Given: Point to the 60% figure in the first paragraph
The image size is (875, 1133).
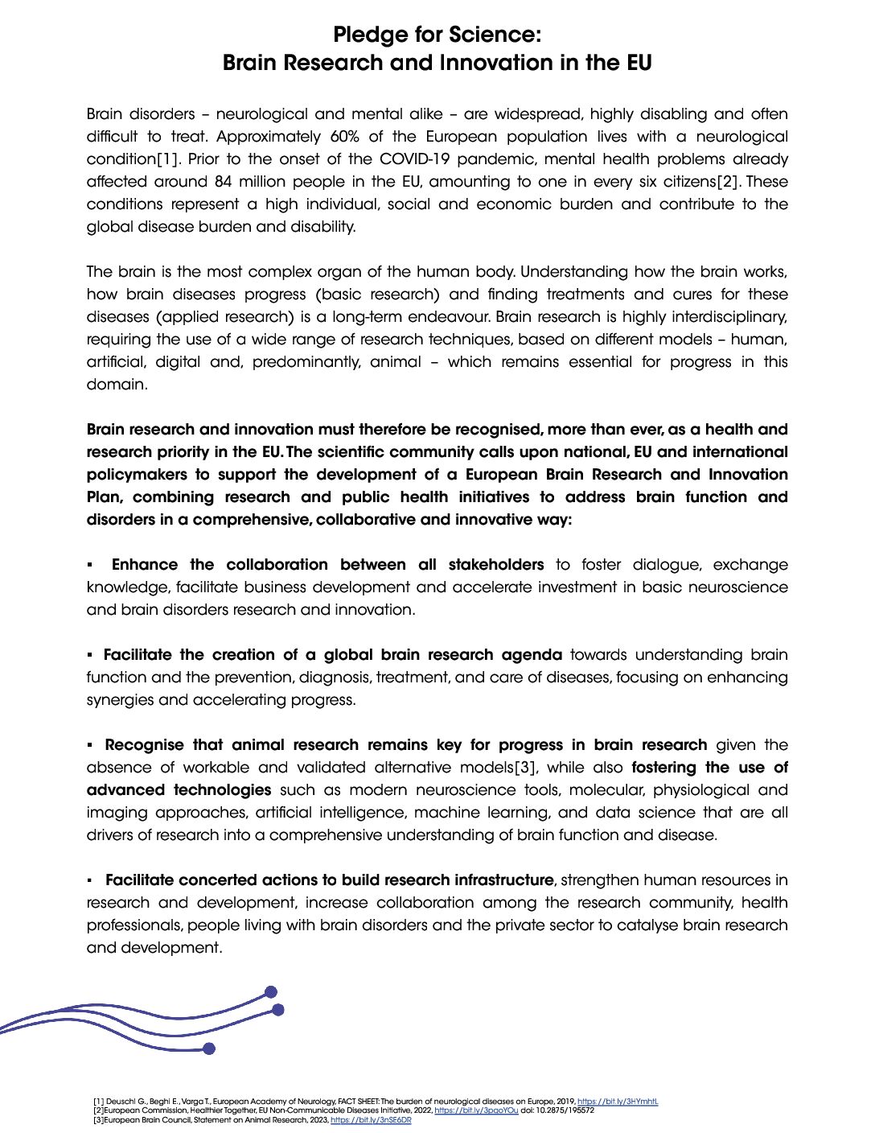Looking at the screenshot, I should (344, 137).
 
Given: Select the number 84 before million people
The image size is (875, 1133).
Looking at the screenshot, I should (223, 182).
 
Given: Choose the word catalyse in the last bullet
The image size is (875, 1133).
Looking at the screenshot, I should (648, 925).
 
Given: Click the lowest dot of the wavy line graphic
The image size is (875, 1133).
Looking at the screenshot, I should (209, 1049).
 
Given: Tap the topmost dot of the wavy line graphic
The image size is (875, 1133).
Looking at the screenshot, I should (271, 992).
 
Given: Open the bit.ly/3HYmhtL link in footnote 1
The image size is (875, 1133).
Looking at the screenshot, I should (618, 1102).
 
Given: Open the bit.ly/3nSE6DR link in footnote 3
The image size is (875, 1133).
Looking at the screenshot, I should (371, 1120).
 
